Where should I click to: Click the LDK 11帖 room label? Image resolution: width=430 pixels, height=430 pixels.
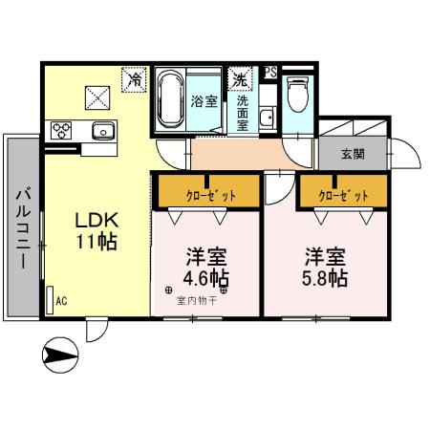[97, 230]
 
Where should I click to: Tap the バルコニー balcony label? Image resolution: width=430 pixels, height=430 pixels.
[20, 227]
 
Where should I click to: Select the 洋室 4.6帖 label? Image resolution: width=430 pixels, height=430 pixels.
[205, 268]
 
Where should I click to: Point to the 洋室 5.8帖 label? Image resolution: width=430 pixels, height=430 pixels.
[325, 268]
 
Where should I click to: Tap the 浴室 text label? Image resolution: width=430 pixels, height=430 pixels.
[204, 100]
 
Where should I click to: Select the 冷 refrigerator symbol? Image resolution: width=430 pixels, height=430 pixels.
[136, 79]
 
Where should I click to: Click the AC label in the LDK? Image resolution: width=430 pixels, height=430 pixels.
[60, 300]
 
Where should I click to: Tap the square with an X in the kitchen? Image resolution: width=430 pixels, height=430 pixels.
[96, 95]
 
